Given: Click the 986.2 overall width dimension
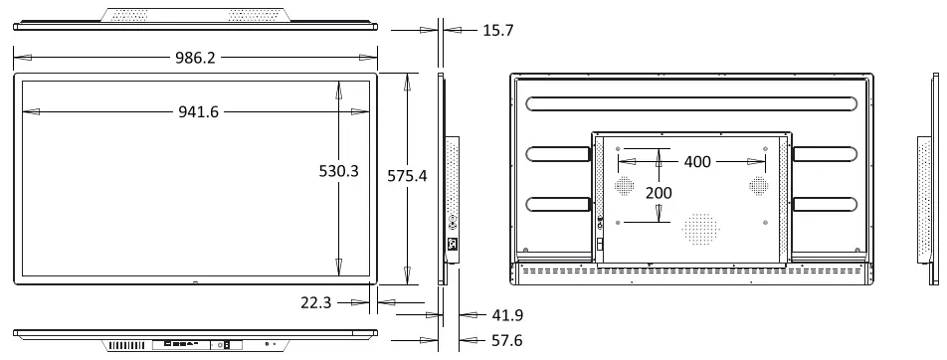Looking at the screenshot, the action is pyautogui.click(x=195, y=58).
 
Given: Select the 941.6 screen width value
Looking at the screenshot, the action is pyautogui.click(x=198, y=111).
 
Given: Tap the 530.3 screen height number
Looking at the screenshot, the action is pyautogui.click(x=339, y=171).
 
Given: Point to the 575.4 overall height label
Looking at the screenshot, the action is pyautogui.click(x=407, y=176).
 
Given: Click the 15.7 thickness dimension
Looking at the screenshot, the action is pyautogui.click(x=498, y=30).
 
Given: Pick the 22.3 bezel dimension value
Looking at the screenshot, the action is pyautogui.click(x=316, y=302).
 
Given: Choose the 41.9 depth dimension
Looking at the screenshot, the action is pyautogui.click(x=507, y=315).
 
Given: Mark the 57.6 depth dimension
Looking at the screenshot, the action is pyautogui.click(x=506, y=341).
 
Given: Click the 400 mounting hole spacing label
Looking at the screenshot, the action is pyautogui.click(x=697, y=162).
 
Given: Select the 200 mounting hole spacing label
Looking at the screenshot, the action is pyautogui.click(x=659, y=193).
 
